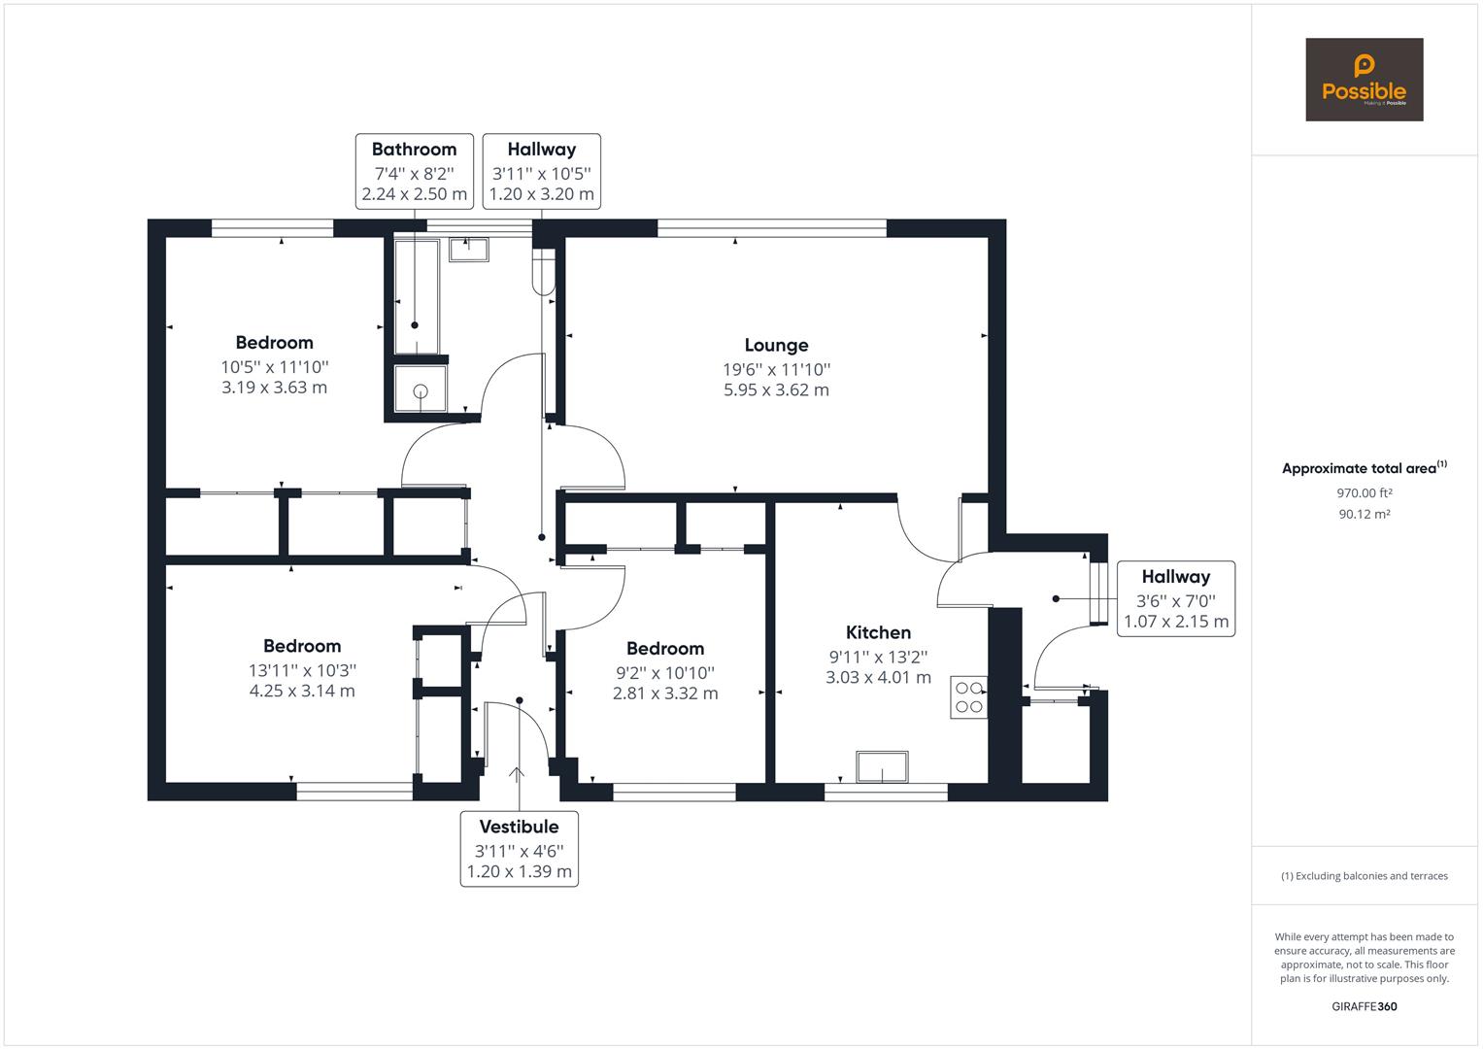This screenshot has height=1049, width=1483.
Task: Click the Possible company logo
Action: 1364,80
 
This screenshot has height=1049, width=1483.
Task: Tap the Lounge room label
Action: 776,345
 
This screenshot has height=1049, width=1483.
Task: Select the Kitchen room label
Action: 878,632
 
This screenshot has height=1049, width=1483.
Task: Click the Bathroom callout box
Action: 415,171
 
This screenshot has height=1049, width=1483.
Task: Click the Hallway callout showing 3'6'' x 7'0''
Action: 1175,598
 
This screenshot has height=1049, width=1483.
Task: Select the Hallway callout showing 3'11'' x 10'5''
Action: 541,171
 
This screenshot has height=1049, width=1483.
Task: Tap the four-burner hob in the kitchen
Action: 968,696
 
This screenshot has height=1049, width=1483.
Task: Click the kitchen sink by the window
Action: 882,766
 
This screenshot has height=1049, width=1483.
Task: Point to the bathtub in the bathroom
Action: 416,295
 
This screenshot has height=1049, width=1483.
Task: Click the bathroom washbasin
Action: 469,249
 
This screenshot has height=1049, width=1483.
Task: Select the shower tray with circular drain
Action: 421,389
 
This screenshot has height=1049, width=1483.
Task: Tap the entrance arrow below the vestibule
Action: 517,773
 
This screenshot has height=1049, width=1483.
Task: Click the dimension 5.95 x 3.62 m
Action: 776,390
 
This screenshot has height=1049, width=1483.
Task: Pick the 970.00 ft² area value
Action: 1364,492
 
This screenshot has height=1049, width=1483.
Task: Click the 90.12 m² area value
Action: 1364,514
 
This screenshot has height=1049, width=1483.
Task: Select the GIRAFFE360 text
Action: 1364,1006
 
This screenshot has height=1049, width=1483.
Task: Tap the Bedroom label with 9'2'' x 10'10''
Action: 665,648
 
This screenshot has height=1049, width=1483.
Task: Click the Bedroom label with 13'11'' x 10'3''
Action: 302,646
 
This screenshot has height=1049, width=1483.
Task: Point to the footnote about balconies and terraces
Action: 1364,876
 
